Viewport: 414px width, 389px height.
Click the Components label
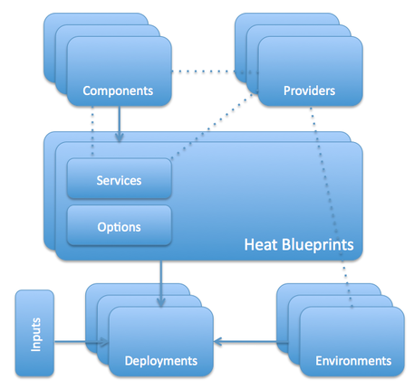pyautogui.click(x=116, y=90)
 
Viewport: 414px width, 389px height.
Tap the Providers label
pyautogui.click(x=309, y=90)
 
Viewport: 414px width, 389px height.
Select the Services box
pyautogui.click(x=119, y=180)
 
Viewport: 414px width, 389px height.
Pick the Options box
pyautogui.click(x=119, y=226)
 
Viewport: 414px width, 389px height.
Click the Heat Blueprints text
pyautogui.click(x=298, y=245)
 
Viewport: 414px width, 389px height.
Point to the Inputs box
pyautogui.click(x=35, y=331)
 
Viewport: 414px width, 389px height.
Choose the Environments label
pyautogui.click(x=353, y=361)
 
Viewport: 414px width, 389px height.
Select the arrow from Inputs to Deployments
pyautogui.click(x=82, y=342)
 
